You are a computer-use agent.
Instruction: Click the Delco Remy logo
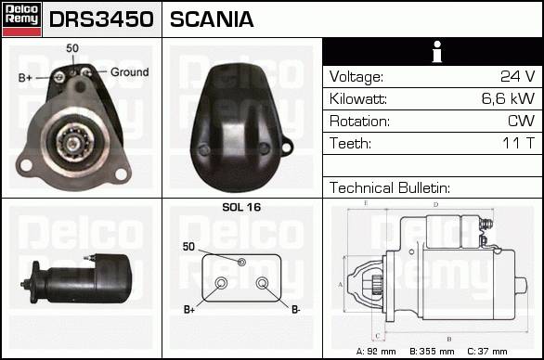(22, 19)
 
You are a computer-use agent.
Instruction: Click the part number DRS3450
(101, 19)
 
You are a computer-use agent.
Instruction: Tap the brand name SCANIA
(212, 19)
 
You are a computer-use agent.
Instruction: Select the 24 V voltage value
(518, 76)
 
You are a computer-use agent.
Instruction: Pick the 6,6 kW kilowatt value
(509, 98)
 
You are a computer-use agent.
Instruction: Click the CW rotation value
(522, 121)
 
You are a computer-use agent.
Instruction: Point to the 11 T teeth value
(519, 143)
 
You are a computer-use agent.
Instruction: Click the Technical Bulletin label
(390, 187)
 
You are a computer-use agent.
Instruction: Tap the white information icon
(437, 52)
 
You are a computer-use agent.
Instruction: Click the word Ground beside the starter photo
(129, 72)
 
